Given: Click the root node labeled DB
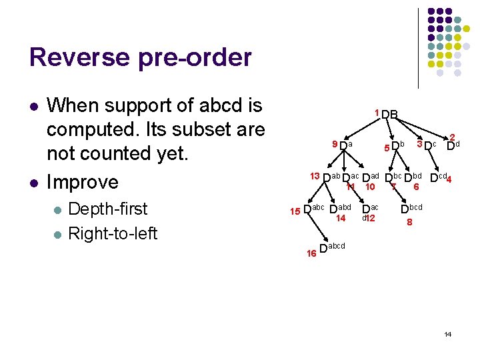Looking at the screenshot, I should (x=390, y=115).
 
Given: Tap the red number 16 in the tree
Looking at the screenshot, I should (x=311, y=253).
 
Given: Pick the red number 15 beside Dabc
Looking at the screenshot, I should (x=295, y=211).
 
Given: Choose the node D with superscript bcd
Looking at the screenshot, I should (x=411, y=209).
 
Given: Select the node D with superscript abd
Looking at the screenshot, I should (x=340, y=209).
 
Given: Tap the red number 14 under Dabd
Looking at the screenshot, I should (x=341, y=218).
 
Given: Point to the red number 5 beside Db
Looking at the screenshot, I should (x=386, y=147).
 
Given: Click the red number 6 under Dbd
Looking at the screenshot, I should (x=415, y=187).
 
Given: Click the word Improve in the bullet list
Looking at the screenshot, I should (x=83, y=182).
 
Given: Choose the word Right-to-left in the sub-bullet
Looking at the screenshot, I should (x=113, y=233).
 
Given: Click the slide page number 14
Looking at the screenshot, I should (x=447, y=333).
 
